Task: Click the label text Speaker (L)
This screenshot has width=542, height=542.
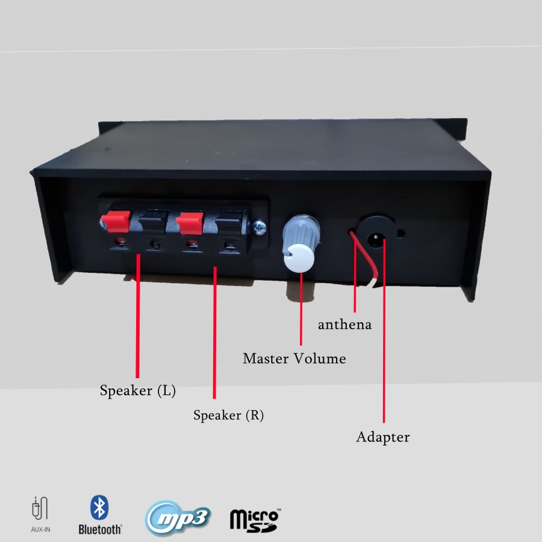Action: pyautogui.click(x=138, y=391)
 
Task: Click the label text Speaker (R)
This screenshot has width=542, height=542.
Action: pyautogui.click(x=228, y=416)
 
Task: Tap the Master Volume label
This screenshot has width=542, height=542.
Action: pyautogui.click(x=294, y=359)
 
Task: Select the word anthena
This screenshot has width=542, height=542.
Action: pyautogui.click(x=344, y=325)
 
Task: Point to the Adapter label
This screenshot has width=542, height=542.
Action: pyautogui.click(x=383, y=437)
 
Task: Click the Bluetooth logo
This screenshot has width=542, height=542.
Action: pyautogui.click(x=100, y=515)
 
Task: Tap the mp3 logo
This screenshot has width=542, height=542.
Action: pyautogui.click(x=178, y=517)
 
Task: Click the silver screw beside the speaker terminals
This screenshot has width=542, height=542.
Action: pyautogui.click(x=260, y=226)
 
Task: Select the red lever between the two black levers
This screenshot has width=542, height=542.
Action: pyautogui.click(x=190, y=222)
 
